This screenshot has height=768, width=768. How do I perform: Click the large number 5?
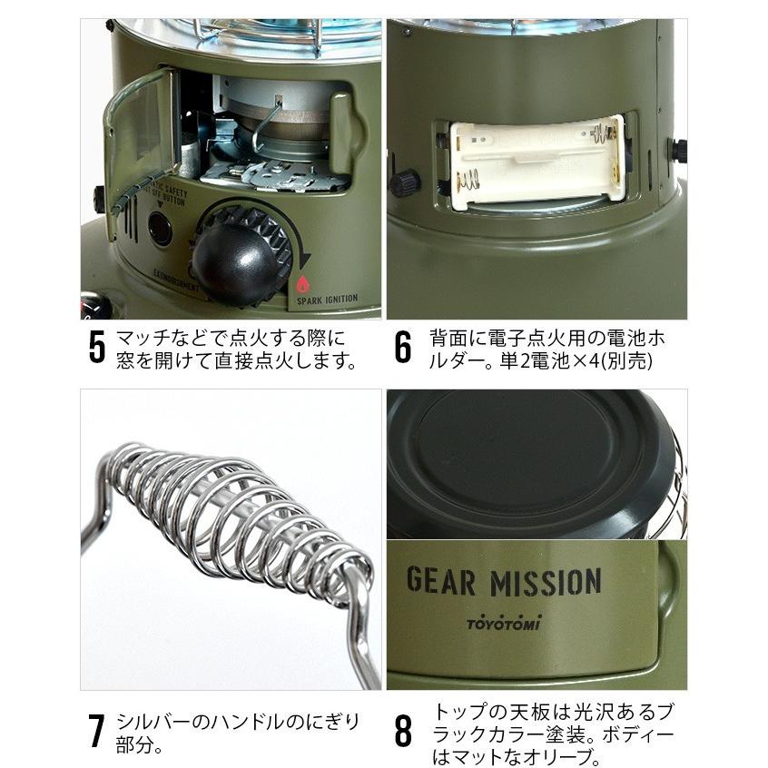coord(97,349)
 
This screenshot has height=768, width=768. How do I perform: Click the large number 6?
coord(403,349)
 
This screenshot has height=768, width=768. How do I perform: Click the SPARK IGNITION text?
coord(327,298)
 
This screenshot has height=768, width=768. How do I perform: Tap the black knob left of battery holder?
coord(403,183)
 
